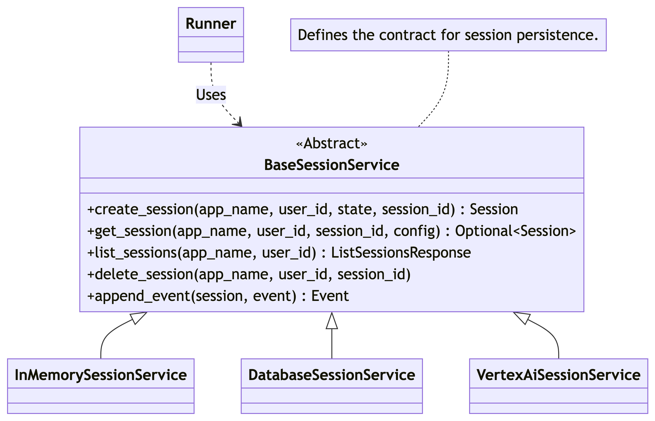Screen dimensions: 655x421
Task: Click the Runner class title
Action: click(211, 24)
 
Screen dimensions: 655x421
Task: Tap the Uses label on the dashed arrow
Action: click(211, 95)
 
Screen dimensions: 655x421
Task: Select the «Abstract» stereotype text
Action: click(332, 143)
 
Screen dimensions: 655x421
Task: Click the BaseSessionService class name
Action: click(332, 165)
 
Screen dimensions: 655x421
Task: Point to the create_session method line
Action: click(303, 209)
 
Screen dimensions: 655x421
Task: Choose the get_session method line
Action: click(332, 231)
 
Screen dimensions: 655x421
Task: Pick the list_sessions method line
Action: click(279, 252)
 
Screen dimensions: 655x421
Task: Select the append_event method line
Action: click(218, 296)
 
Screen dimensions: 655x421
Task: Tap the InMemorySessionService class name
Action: click(101, 375)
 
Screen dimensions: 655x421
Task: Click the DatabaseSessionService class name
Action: click(332, 375)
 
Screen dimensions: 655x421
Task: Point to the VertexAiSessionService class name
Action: click(558, 375)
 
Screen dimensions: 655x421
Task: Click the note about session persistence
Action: click(448, 35)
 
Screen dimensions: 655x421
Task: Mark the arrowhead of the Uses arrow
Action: click(238, 122)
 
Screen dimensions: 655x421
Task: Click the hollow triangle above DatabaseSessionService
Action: click(332, 320)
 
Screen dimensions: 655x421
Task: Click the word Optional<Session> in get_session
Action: click(515, 231)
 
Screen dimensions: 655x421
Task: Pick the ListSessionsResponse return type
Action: click(401, 252)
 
